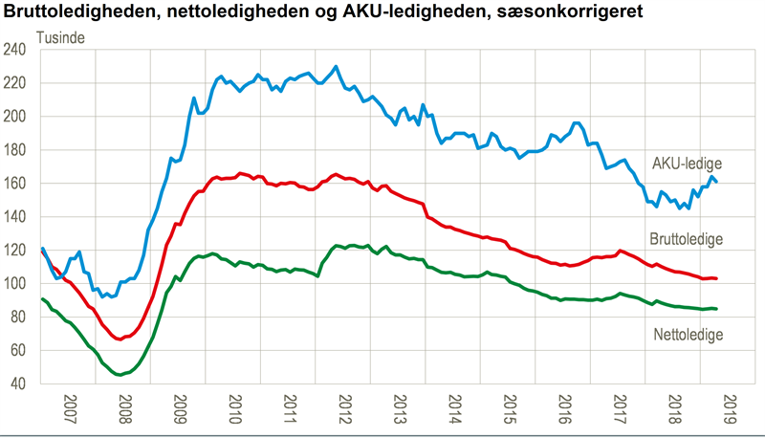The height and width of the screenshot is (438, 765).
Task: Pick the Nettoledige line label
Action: [688, 334]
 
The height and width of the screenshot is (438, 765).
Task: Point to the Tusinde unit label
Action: [64, 38]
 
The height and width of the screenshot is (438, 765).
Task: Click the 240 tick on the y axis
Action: [22, 51]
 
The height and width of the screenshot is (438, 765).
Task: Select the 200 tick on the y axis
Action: [22, 117]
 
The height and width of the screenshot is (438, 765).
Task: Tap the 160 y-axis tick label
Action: [22, 184]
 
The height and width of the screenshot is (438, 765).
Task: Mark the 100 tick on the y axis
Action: [22, 284]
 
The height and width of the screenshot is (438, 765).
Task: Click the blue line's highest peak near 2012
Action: [336, 66]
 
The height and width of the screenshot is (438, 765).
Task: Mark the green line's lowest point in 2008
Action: [119, 374]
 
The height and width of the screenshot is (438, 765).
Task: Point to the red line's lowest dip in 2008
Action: [119, 339]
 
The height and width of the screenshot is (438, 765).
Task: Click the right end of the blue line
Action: [717, 182]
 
